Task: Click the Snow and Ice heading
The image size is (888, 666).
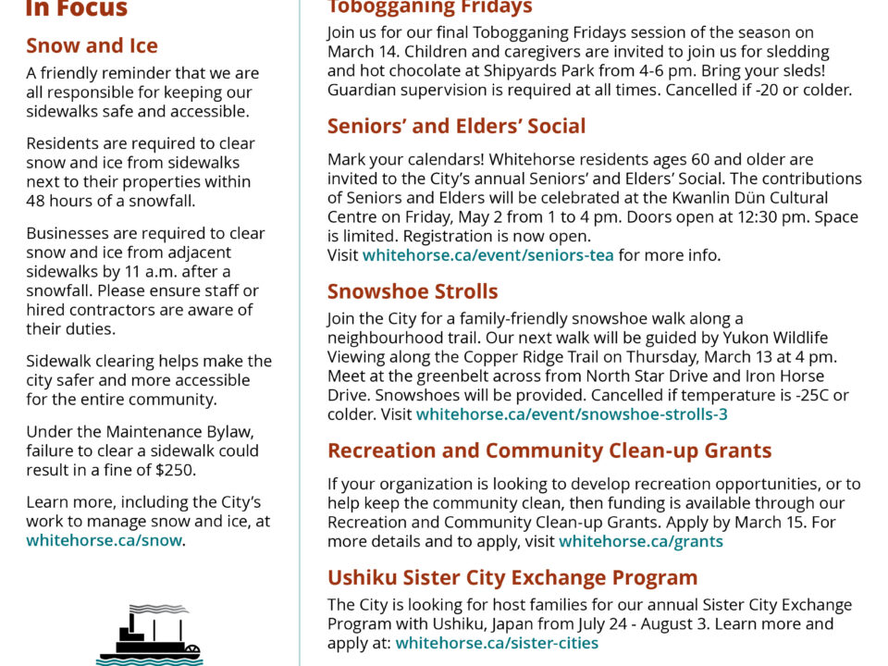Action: [92, 45]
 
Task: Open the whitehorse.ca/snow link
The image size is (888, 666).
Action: [104, 540]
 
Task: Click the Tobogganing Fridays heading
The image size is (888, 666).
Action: [430, 8]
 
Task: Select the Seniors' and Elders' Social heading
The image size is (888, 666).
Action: [456, 126]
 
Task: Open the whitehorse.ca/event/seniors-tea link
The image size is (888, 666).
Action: [487, 255]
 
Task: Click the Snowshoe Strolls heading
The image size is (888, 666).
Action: [413, 291]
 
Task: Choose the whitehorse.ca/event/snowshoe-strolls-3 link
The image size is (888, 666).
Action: [572, 414]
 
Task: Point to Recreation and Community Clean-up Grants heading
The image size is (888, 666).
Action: [549, 451]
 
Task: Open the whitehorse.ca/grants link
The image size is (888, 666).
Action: [641, 541]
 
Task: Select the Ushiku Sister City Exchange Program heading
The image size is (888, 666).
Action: [512, 577]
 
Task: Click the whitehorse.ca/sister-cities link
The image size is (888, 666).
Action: [497, 643]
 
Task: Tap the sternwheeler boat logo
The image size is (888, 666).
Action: [149, 635]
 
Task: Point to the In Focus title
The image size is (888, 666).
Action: [77, 9]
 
